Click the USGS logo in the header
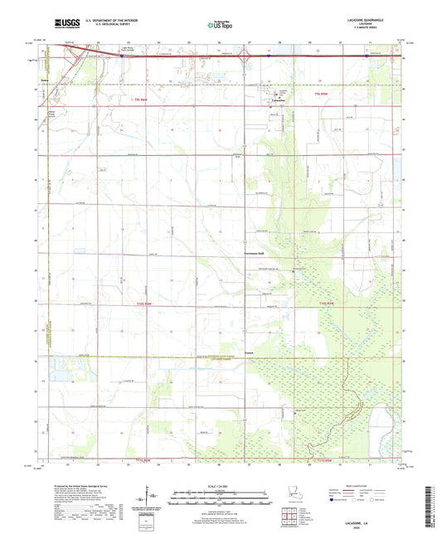coord(66,25)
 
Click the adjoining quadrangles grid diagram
coord(292,519)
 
